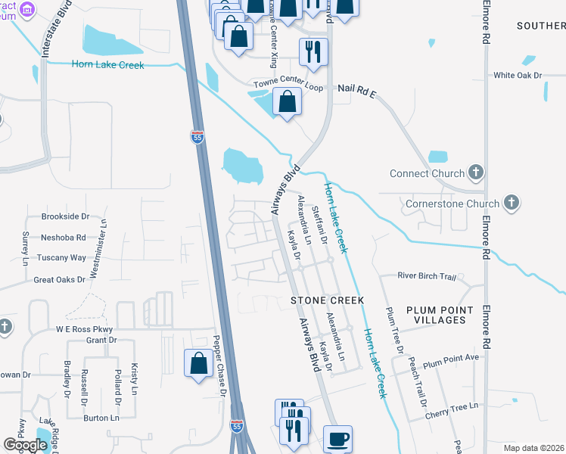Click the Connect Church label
click(427, 173)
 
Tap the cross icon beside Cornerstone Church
click(512, 203)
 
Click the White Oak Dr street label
click(518, 76)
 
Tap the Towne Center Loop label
click(288, 88)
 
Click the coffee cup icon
click(337, 439)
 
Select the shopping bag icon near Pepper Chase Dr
click(198, 363)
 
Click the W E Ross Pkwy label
click(84, 329)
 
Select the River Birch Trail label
click(427, 276)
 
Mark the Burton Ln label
click(101, 418)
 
